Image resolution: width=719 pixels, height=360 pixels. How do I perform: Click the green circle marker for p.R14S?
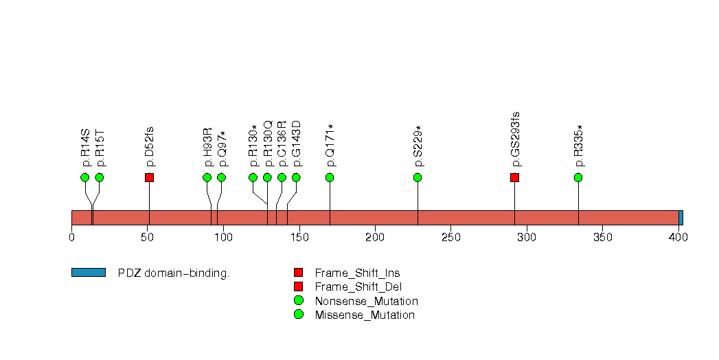click(85, 177)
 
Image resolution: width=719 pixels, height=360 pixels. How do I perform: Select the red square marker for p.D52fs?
click(149, 177)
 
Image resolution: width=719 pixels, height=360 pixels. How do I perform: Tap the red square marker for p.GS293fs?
click(515, 177)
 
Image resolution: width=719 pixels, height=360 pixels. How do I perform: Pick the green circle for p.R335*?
click(578, 177)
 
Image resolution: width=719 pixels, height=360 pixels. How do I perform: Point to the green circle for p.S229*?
click(418, 177)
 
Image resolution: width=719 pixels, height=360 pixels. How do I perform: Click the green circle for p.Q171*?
click(330, 177)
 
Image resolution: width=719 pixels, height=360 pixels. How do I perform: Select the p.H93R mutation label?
click(207, 147)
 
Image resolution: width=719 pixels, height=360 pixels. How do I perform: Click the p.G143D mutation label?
click(296, 144)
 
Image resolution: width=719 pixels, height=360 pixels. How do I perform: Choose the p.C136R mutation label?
click(282, 144)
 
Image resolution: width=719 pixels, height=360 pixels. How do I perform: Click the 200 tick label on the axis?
click(375, 238)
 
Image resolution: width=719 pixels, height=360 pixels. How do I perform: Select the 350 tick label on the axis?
click(602, 238)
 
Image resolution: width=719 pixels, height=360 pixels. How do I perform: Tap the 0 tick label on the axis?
click(71, 238)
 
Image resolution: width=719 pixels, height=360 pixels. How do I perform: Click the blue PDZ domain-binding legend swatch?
click(88, 273)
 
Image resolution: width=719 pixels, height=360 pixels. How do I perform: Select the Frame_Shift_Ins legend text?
click(357, 273)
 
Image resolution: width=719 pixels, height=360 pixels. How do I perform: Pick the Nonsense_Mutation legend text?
click(366, 301)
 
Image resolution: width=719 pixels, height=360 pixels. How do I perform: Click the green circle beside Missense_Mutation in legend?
click(298, 315)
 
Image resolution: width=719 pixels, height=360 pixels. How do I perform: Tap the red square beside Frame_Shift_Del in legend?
click(298, 286)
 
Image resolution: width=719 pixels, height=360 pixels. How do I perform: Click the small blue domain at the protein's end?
click(681, 218)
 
